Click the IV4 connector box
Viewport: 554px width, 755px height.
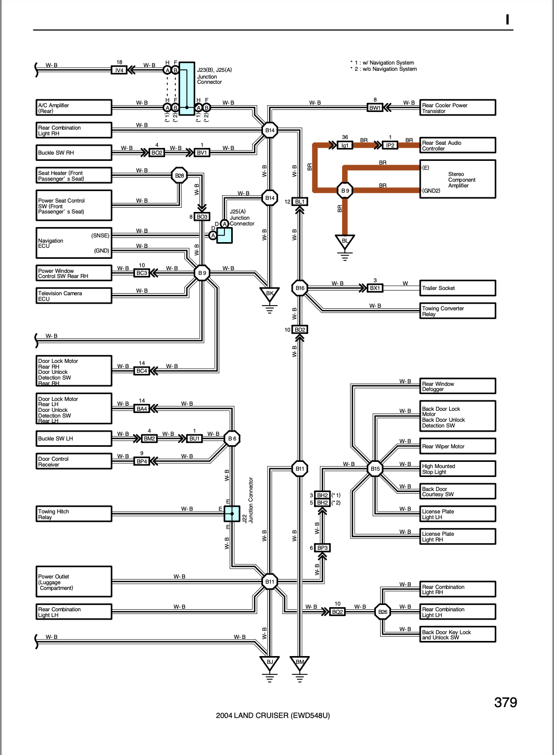(119, 70)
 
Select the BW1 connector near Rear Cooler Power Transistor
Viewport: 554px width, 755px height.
(375, 107)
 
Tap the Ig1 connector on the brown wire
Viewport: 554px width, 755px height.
(345, 145)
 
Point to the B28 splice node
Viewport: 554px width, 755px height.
(179, 175)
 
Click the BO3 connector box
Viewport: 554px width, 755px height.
(202, 217)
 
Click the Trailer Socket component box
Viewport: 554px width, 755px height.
(458, 288)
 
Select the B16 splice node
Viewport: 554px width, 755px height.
(299, 288)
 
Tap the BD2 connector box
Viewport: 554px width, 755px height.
(299, 330)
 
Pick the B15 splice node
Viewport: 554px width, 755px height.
(375, 469)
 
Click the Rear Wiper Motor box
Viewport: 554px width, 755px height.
(458, 446)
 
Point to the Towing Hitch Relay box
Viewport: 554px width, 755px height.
(74, 514)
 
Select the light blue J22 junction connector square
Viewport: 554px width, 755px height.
(232, 514)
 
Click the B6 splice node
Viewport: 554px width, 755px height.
(232, 438)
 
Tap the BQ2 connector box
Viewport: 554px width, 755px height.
(337, 612)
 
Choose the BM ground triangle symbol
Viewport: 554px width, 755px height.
(299, 663)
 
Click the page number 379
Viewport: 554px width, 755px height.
(506, 702)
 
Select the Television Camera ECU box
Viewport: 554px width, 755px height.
(74, 296)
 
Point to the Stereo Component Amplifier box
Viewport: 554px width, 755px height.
(458, 179)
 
